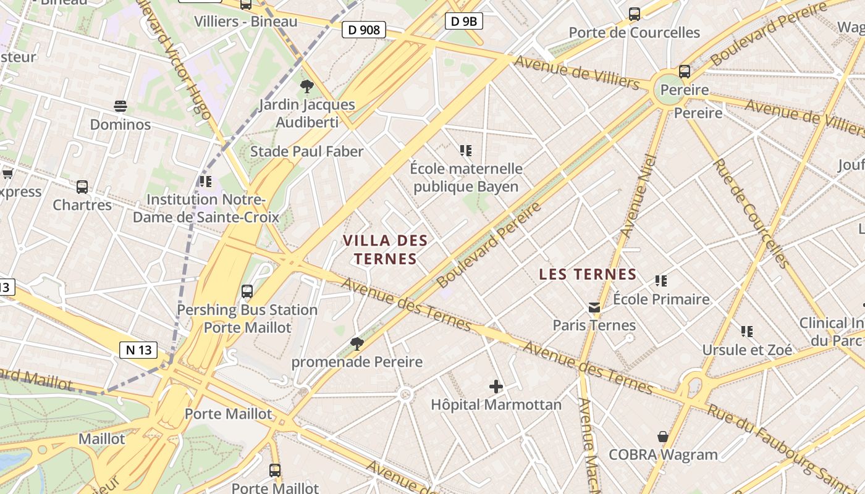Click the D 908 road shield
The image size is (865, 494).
(364, 30)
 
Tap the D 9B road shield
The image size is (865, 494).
(463, 22)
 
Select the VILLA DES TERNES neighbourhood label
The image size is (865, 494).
(386, 249)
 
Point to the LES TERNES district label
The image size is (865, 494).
(588, 274)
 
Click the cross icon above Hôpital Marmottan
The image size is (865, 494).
(496, 387)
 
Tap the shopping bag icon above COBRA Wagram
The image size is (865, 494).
(663, 437)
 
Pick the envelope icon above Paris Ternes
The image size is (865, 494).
(594, 308)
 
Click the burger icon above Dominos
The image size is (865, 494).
(120, 106)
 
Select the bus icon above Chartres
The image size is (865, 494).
(82, 186)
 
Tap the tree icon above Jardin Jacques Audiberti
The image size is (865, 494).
(306, 86)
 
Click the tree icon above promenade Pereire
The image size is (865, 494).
(357, 344)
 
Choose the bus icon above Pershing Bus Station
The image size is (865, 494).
(247, 291)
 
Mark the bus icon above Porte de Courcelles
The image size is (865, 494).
(634, 14)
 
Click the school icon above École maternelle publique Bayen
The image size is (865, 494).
(466, 150)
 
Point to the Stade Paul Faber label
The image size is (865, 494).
(306, 151)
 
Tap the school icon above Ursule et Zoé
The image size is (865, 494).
(747, 332)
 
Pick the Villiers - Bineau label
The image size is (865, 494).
(245, 22)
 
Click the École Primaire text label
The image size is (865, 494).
(661, 299)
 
